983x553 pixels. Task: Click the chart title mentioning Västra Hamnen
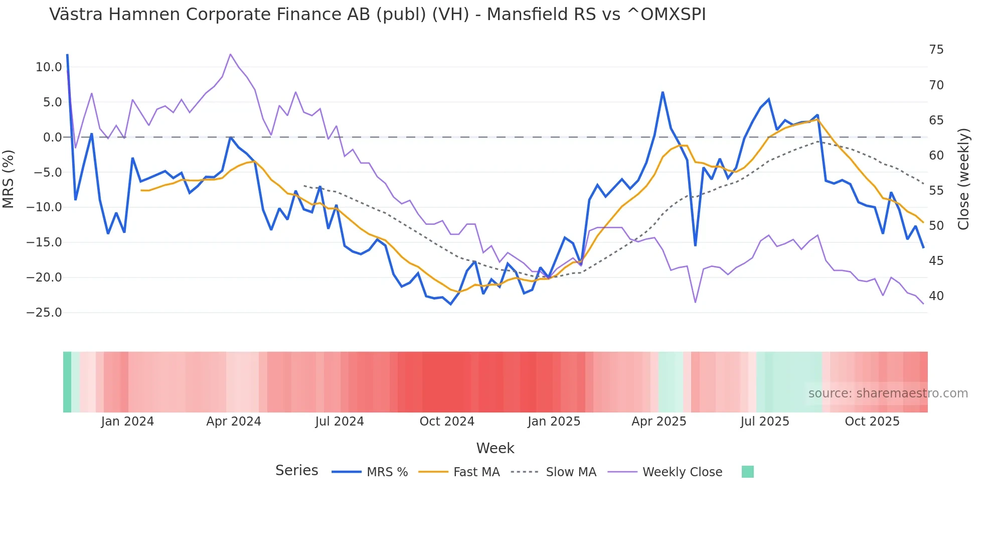(x=377, y=15)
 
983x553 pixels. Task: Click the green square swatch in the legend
(x=747, y=472)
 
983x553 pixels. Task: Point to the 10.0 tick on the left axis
(x=49, y=67)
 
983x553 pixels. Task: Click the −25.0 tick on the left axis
(x=44, y=313)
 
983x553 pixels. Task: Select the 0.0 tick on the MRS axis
(x=52, y=137)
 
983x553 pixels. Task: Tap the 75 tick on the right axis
(x=936, y=50)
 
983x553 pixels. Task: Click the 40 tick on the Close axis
(x=936, y=296)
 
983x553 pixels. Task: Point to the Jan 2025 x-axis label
(x=554, y=422)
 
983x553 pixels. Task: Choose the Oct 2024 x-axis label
(x=447, y=422)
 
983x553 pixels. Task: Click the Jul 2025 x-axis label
(x=765, y=422)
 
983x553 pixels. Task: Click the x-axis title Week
(x=495, y=448)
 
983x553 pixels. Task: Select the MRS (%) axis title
(x=9, y=179)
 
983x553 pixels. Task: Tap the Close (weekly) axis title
(x=963, y=179)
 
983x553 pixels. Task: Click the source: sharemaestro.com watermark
(x=888, y=393)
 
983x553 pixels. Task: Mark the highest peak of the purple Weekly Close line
(x=230, y=54)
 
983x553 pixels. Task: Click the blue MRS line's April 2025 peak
(x=663, y=92)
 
